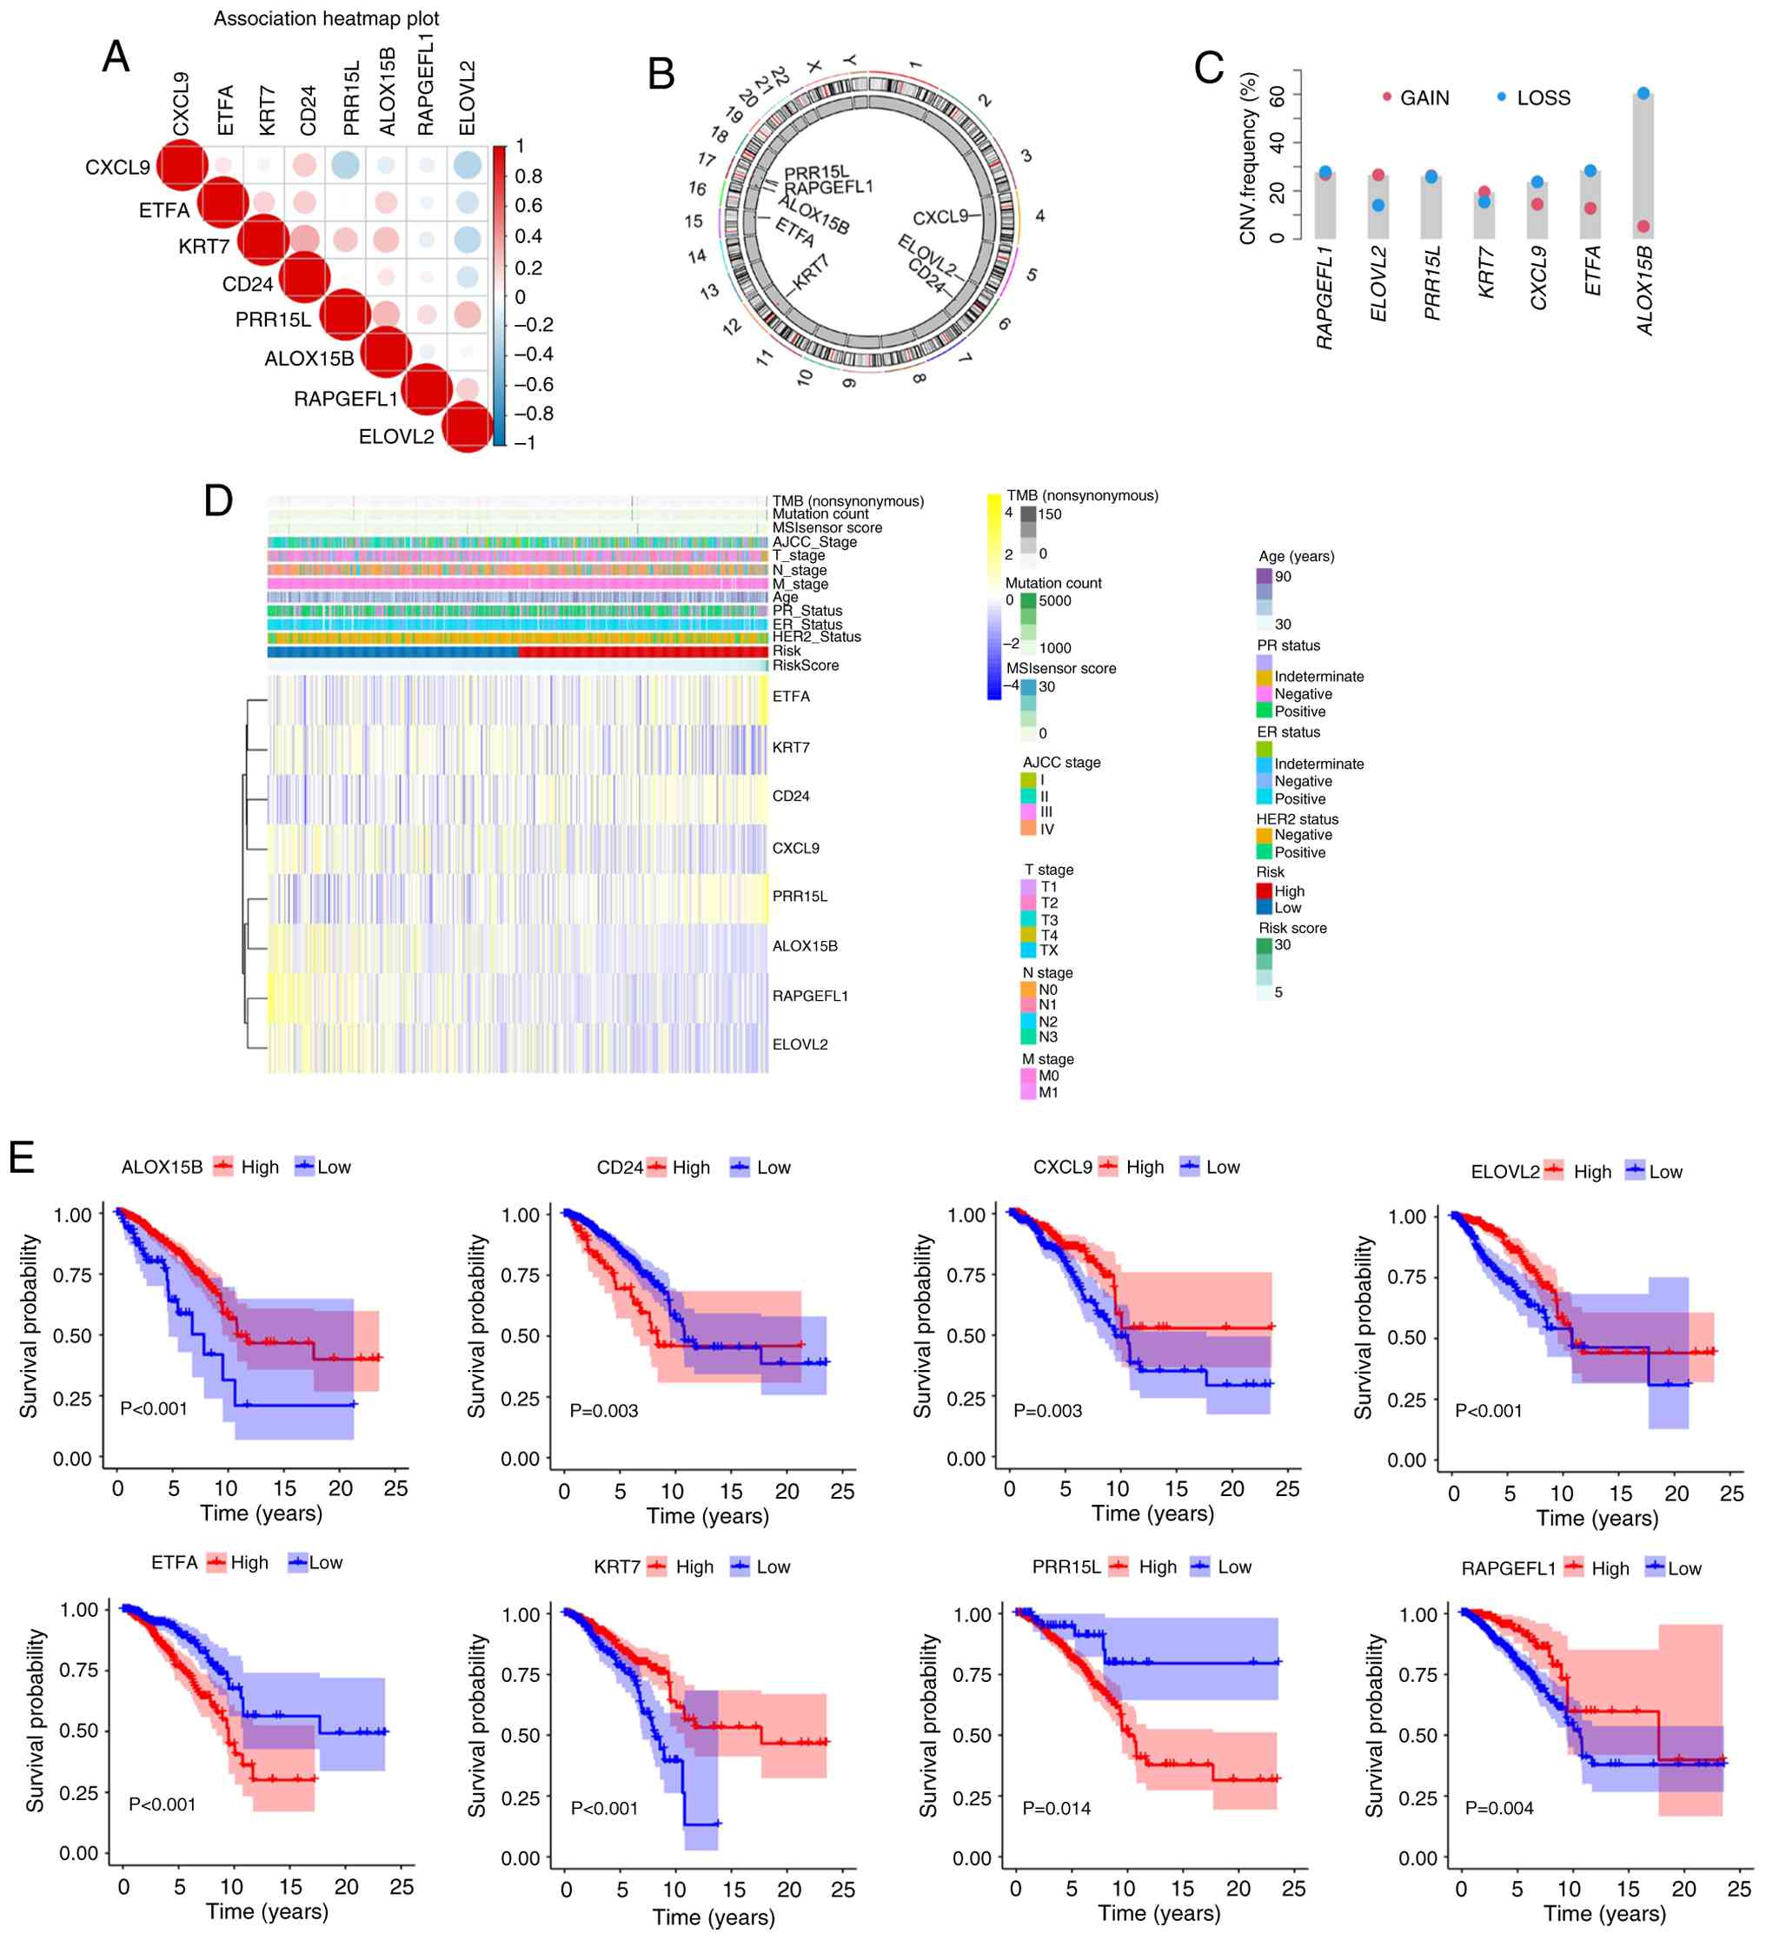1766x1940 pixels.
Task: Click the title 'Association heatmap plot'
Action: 326,18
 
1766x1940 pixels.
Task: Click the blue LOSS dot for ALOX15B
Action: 1643,93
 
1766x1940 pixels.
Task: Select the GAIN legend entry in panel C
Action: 1424,98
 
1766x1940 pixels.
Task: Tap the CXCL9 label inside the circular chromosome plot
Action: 939,217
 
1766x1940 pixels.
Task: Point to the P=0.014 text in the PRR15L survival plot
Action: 1056,1808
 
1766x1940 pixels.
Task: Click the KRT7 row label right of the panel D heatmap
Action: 790,748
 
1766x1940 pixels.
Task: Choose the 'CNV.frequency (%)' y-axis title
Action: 1248,158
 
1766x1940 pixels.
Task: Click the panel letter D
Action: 218,500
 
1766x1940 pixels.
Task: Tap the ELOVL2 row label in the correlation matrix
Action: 395,437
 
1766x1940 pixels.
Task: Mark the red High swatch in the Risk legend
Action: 1264,891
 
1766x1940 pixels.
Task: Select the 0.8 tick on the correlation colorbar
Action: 528,176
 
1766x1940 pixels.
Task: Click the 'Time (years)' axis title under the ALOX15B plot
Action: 261,1513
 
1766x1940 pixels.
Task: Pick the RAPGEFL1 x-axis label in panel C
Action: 1325,297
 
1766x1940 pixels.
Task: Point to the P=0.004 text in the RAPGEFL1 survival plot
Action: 1498,1808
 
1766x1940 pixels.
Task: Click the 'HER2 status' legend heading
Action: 1297,819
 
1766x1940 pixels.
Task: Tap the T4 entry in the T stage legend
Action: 1048,936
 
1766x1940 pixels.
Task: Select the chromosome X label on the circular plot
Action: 814,66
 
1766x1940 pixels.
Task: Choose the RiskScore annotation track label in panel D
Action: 805,665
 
